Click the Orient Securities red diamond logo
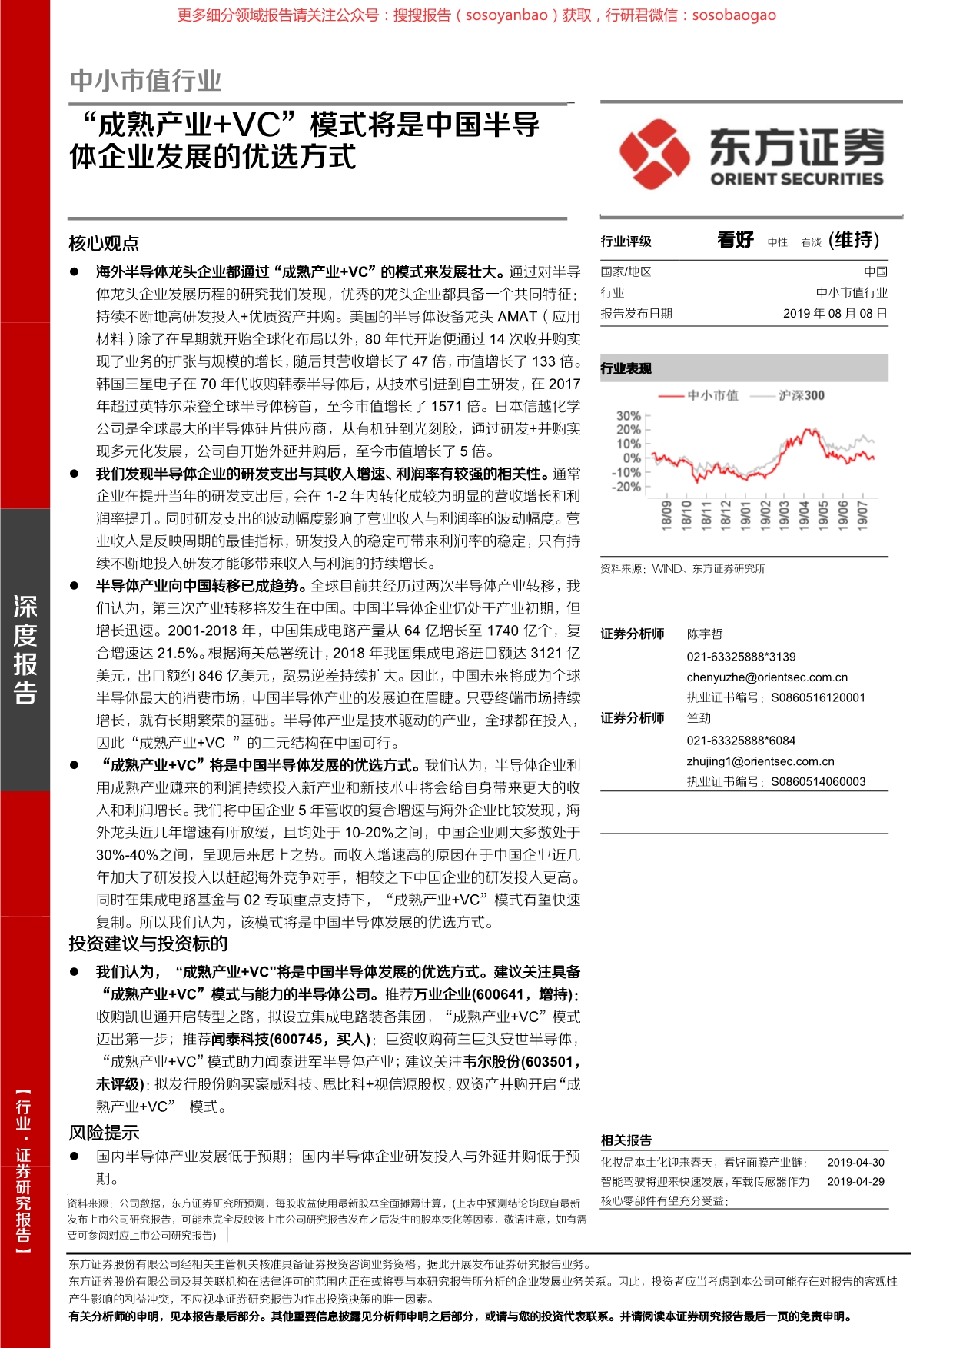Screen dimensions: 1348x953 click(654, 154)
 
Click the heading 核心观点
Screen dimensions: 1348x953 click(104, 244)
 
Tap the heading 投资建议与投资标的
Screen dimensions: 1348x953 click(148, 944)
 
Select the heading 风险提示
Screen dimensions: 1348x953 click(104, 1132)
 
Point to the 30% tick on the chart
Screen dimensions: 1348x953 click(628, 416)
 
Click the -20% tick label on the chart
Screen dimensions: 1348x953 click(626, 487)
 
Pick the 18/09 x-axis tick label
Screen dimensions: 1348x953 click(666, 514)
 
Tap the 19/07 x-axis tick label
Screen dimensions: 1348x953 click(862, 514)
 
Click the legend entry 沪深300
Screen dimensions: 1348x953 click(801, 395)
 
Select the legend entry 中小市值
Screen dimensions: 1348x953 click(712, 395)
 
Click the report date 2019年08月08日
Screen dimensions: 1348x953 click(835, 314)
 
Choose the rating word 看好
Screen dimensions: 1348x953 click(735, 240)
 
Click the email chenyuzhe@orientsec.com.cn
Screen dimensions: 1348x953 click(767, 677)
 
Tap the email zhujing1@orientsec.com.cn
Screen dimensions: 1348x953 click(760, 761)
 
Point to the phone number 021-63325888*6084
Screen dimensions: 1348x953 click(741, 741)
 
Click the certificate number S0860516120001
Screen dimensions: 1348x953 click(818, 697)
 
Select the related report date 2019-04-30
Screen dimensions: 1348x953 click(855, 1163)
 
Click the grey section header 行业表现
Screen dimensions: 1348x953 click(626, 368)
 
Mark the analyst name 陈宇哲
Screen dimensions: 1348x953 click(705, 634)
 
